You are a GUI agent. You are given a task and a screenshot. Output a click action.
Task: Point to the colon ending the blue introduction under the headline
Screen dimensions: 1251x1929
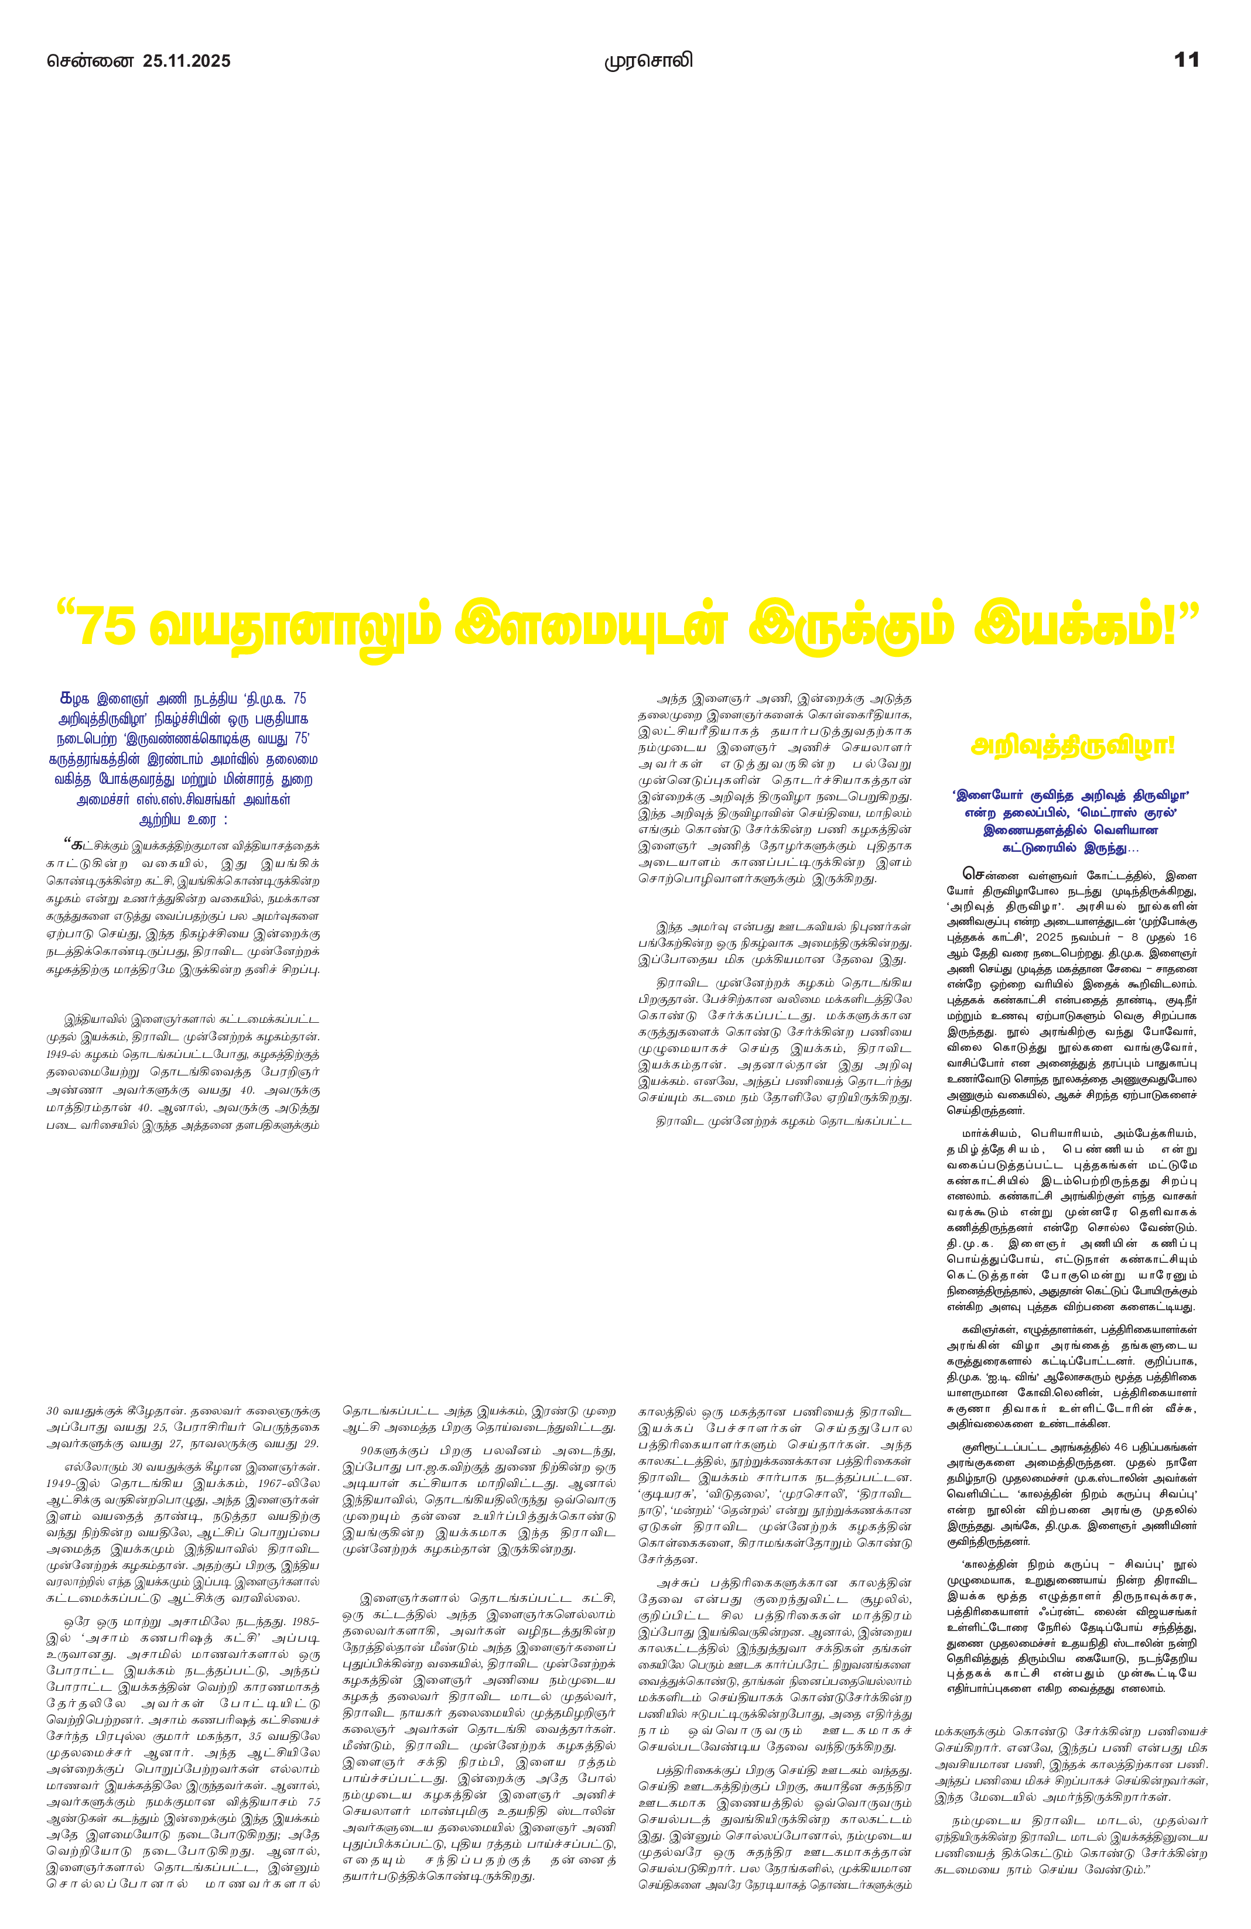(224, 821)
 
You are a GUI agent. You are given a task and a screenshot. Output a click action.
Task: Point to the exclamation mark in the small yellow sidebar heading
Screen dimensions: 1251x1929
(1170, 745)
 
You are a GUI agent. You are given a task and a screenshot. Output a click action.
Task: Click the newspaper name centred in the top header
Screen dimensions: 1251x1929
(648, 61)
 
